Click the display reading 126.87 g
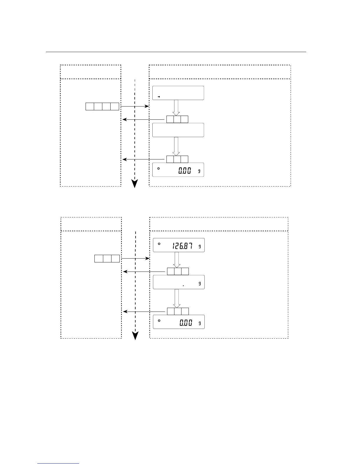179,245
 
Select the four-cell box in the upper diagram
102,106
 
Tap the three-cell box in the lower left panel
107,259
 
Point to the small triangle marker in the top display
159,96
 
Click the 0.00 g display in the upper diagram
178,170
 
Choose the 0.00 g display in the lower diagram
179,322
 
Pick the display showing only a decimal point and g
179,282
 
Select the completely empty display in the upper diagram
178,130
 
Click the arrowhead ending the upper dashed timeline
135,184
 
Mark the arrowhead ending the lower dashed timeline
135,336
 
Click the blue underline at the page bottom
58,463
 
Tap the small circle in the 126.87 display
159,244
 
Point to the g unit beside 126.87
200,247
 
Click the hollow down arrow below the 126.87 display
177,260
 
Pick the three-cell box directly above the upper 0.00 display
177,159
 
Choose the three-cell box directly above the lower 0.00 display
178,312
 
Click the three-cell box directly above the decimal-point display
178,272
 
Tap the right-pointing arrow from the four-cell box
135,106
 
